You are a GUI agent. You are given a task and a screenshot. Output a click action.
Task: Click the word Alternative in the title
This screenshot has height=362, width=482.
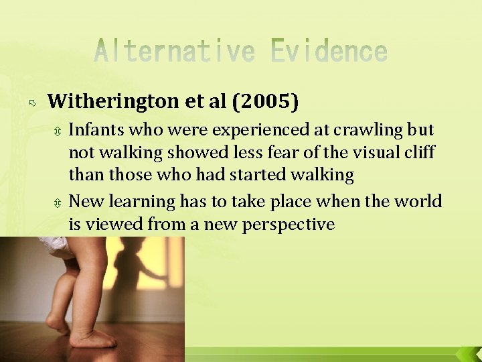(174, 52)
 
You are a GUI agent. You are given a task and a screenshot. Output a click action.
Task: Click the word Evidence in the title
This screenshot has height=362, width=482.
(329, 52)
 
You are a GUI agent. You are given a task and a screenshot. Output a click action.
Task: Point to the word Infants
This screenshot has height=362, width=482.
(96, 129)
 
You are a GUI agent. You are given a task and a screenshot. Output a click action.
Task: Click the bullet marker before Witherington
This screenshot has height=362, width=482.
(33, 103)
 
